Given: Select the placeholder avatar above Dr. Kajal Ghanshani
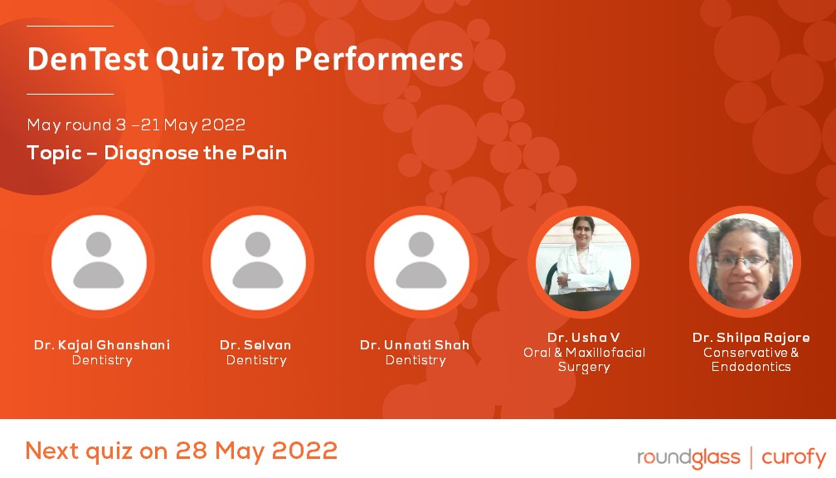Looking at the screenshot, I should pyautogui.click(x=100, y=261).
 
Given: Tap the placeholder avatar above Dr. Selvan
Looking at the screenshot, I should pyautogui.click(x=257, y=261).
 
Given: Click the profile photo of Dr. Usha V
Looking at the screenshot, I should pyautogui.click(x=584, y=261).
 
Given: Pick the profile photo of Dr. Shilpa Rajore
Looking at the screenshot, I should pyautogui.click(x=745, y=261).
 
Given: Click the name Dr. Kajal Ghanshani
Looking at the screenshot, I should pyautogui.click(x=102, y=344).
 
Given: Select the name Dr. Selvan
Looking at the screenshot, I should pyautogui.click(x=256, y=344).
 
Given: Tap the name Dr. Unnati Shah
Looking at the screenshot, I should pyautogui.click(x=415, y=344).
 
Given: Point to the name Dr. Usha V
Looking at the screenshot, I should pyautogui.click(x=584, y=338).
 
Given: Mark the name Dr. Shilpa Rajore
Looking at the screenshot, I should pyautogui.click(x=751, y=338).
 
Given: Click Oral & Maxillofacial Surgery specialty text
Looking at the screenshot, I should pyautogui.click(x=584, y=359).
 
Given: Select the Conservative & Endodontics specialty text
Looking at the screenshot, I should pyautogui.click(x=751, y=359).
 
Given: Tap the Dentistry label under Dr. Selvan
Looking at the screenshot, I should pyautogui.click(x=256, y=360).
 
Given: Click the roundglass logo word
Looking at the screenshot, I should pyautogui.click(x=688, y=457).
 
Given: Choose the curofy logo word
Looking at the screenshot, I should pyautogui.click(x=794, y=457).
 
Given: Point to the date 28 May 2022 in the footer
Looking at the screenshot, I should pyautogui.click(x=256, y=451).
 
